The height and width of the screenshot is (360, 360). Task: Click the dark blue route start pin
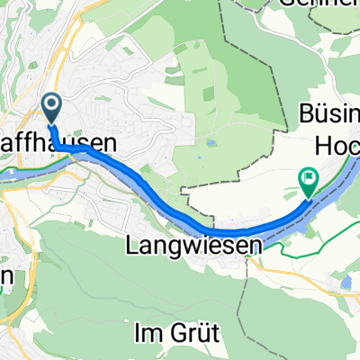click(50, 109)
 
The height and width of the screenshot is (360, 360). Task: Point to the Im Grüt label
click(176, 333)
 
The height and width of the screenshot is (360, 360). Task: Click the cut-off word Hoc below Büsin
click(338, 143)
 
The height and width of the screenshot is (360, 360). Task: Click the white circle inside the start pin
click(50, 104)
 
